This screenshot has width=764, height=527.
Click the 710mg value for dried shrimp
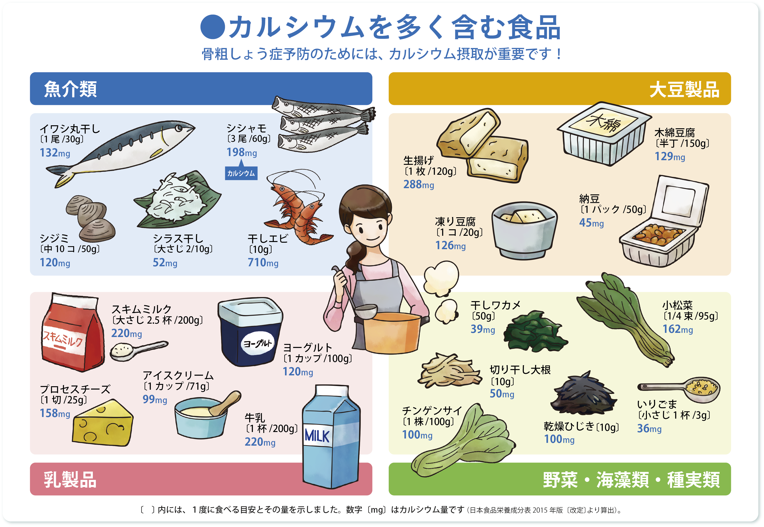[263, 263]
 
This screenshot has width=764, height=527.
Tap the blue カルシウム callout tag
[241, 173]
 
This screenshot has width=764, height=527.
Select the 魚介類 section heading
[70, 89]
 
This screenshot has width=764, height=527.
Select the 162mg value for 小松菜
[678, 329]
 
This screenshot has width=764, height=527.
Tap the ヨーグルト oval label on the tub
[257, 343]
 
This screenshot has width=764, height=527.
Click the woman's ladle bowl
[366, 310]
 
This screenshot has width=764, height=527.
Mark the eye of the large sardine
[179, 128]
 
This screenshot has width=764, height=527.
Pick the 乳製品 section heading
[70, 479]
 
